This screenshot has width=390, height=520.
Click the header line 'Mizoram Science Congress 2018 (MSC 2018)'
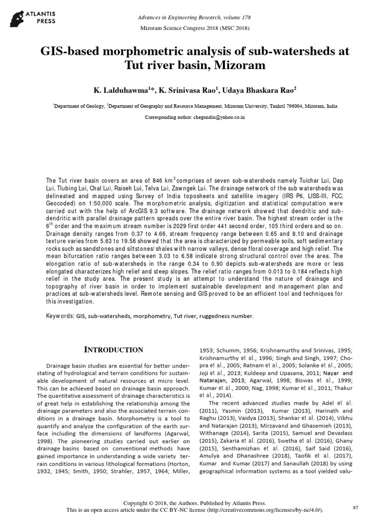[x=194, y=28]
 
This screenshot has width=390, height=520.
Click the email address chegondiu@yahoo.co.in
[x=219, y=117]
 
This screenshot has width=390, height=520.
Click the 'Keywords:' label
[x=60, y=316]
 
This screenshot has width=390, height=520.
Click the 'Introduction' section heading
[x=113, y=350]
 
